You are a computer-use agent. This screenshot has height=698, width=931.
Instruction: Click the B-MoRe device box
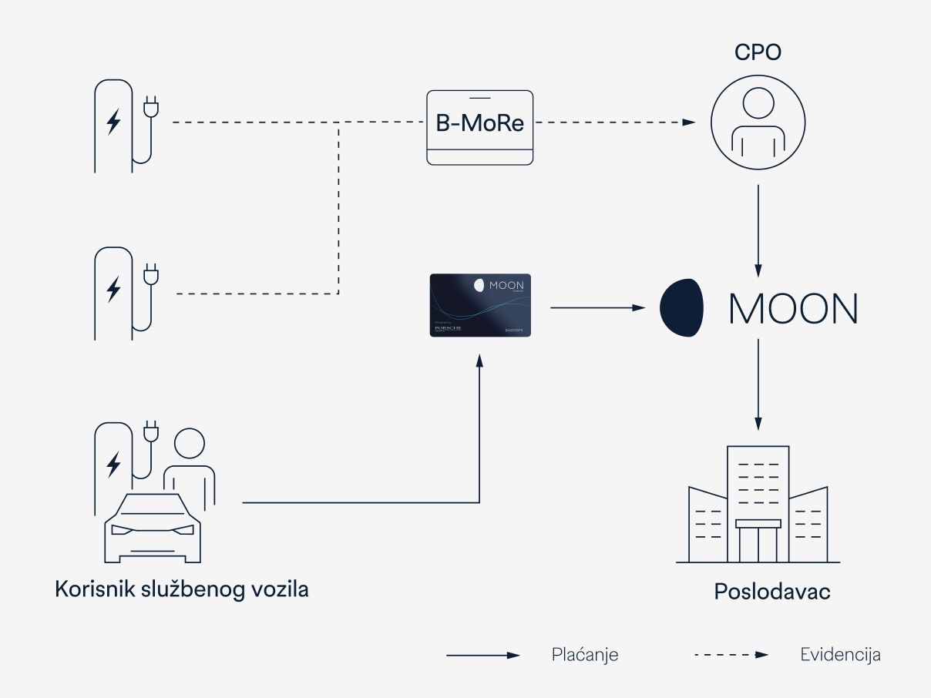point(479,127)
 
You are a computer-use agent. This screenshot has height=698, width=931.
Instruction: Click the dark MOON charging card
point(480,305)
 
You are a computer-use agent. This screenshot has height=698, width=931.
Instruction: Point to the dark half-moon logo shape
point(681,308)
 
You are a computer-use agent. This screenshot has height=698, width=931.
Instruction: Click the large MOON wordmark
point(792,309)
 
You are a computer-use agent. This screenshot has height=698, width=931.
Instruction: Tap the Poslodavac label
point(771,592)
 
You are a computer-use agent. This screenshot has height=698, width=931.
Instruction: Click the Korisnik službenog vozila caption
point(182,590)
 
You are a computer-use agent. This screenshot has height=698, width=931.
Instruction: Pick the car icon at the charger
point(153,528)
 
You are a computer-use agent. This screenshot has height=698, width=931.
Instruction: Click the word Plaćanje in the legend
point(585,655)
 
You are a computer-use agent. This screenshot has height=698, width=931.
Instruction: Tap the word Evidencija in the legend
point(840,655)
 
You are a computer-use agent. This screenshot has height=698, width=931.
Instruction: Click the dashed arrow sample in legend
point(731,655)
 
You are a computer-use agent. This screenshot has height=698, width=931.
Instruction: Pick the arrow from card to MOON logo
point(597,307)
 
